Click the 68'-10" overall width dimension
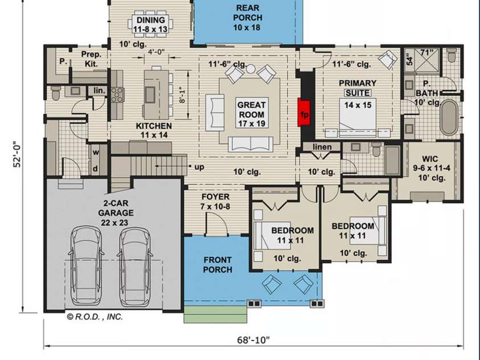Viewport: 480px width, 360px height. point(253,340)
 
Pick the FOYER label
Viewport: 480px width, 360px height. point(216,202)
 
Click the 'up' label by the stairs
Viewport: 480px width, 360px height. point(199,167)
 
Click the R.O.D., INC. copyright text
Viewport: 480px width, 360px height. point(95,317)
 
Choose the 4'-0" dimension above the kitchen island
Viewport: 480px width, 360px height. point(156,52)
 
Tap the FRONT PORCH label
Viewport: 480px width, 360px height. point(218,265)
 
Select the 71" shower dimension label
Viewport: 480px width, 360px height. point(426,53)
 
